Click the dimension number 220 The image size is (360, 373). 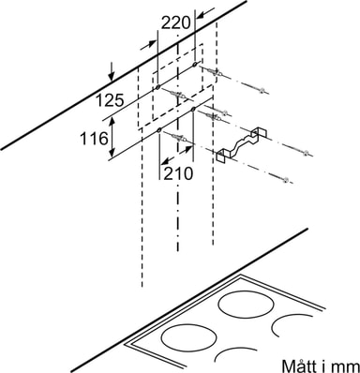tap(176, 22)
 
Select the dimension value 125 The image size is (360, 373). tap(110, 100)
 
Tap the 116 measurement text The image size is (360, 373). tap(94, 139)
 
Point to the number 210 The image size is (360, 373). tap(178, 173)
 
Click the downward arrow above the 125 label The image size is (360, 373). tap(112, 71)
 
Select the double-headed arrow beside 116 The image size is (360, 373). tap(112, 138)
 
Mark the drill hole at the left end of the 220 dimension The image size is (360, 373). tap(157, 87)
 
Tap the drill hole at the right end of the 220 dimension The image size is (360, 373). tap(195, 65)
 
